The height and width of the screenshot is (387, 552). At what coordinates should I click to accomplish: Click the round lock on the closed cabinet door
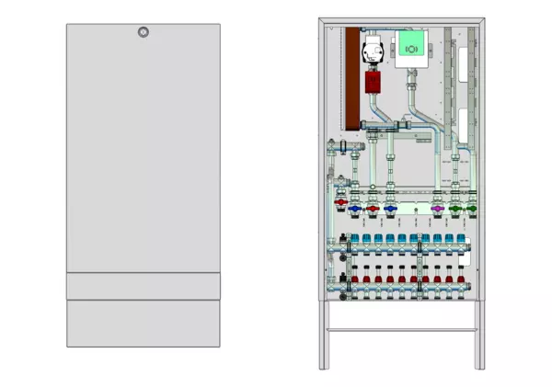coord(143,33)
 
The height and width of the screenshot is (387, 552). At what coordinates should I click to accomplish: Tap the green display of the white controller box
coord(409,41)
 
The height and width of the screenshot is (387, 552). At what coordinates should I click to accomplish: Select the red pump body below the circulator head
coord(374,82)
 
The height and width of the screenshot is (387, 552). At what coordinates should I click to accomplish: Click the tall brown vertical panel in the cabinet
coord(351,78)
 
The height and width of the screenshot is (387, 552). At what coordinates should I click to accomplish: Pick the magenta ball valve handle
coord(436,210)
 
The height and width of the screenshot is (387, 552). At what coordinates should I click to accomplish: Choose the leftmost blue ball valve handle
coord(356,210)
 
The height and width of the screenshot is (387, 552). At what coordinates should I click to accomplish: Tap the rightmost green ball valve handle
coord(472,210)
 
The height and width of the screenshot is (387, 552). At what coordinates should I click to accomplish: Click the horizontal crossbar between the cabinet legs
coord(399,330)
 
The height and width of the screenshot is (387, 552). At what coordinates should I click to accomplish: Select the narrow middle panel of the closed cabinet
coord(143,286)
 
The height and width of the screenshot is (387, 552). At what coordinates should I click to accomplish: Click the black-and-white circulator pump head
coord(373,51)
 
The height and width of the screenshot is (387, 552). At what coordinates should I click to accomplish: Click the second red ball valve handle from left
coord(373,210)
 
